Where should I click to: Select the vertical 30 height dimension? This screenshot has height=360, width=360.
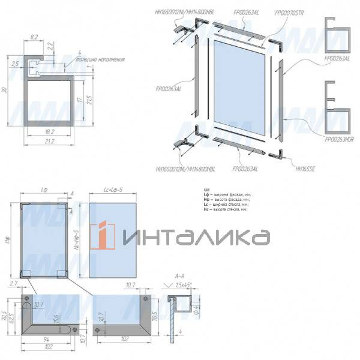(x=5, y=90)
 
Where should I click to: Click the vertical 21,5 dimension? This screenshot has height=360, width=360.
(x=89, y=98)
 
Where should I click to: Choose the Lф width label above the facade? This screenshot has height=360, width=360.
(x=44, y=190)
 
